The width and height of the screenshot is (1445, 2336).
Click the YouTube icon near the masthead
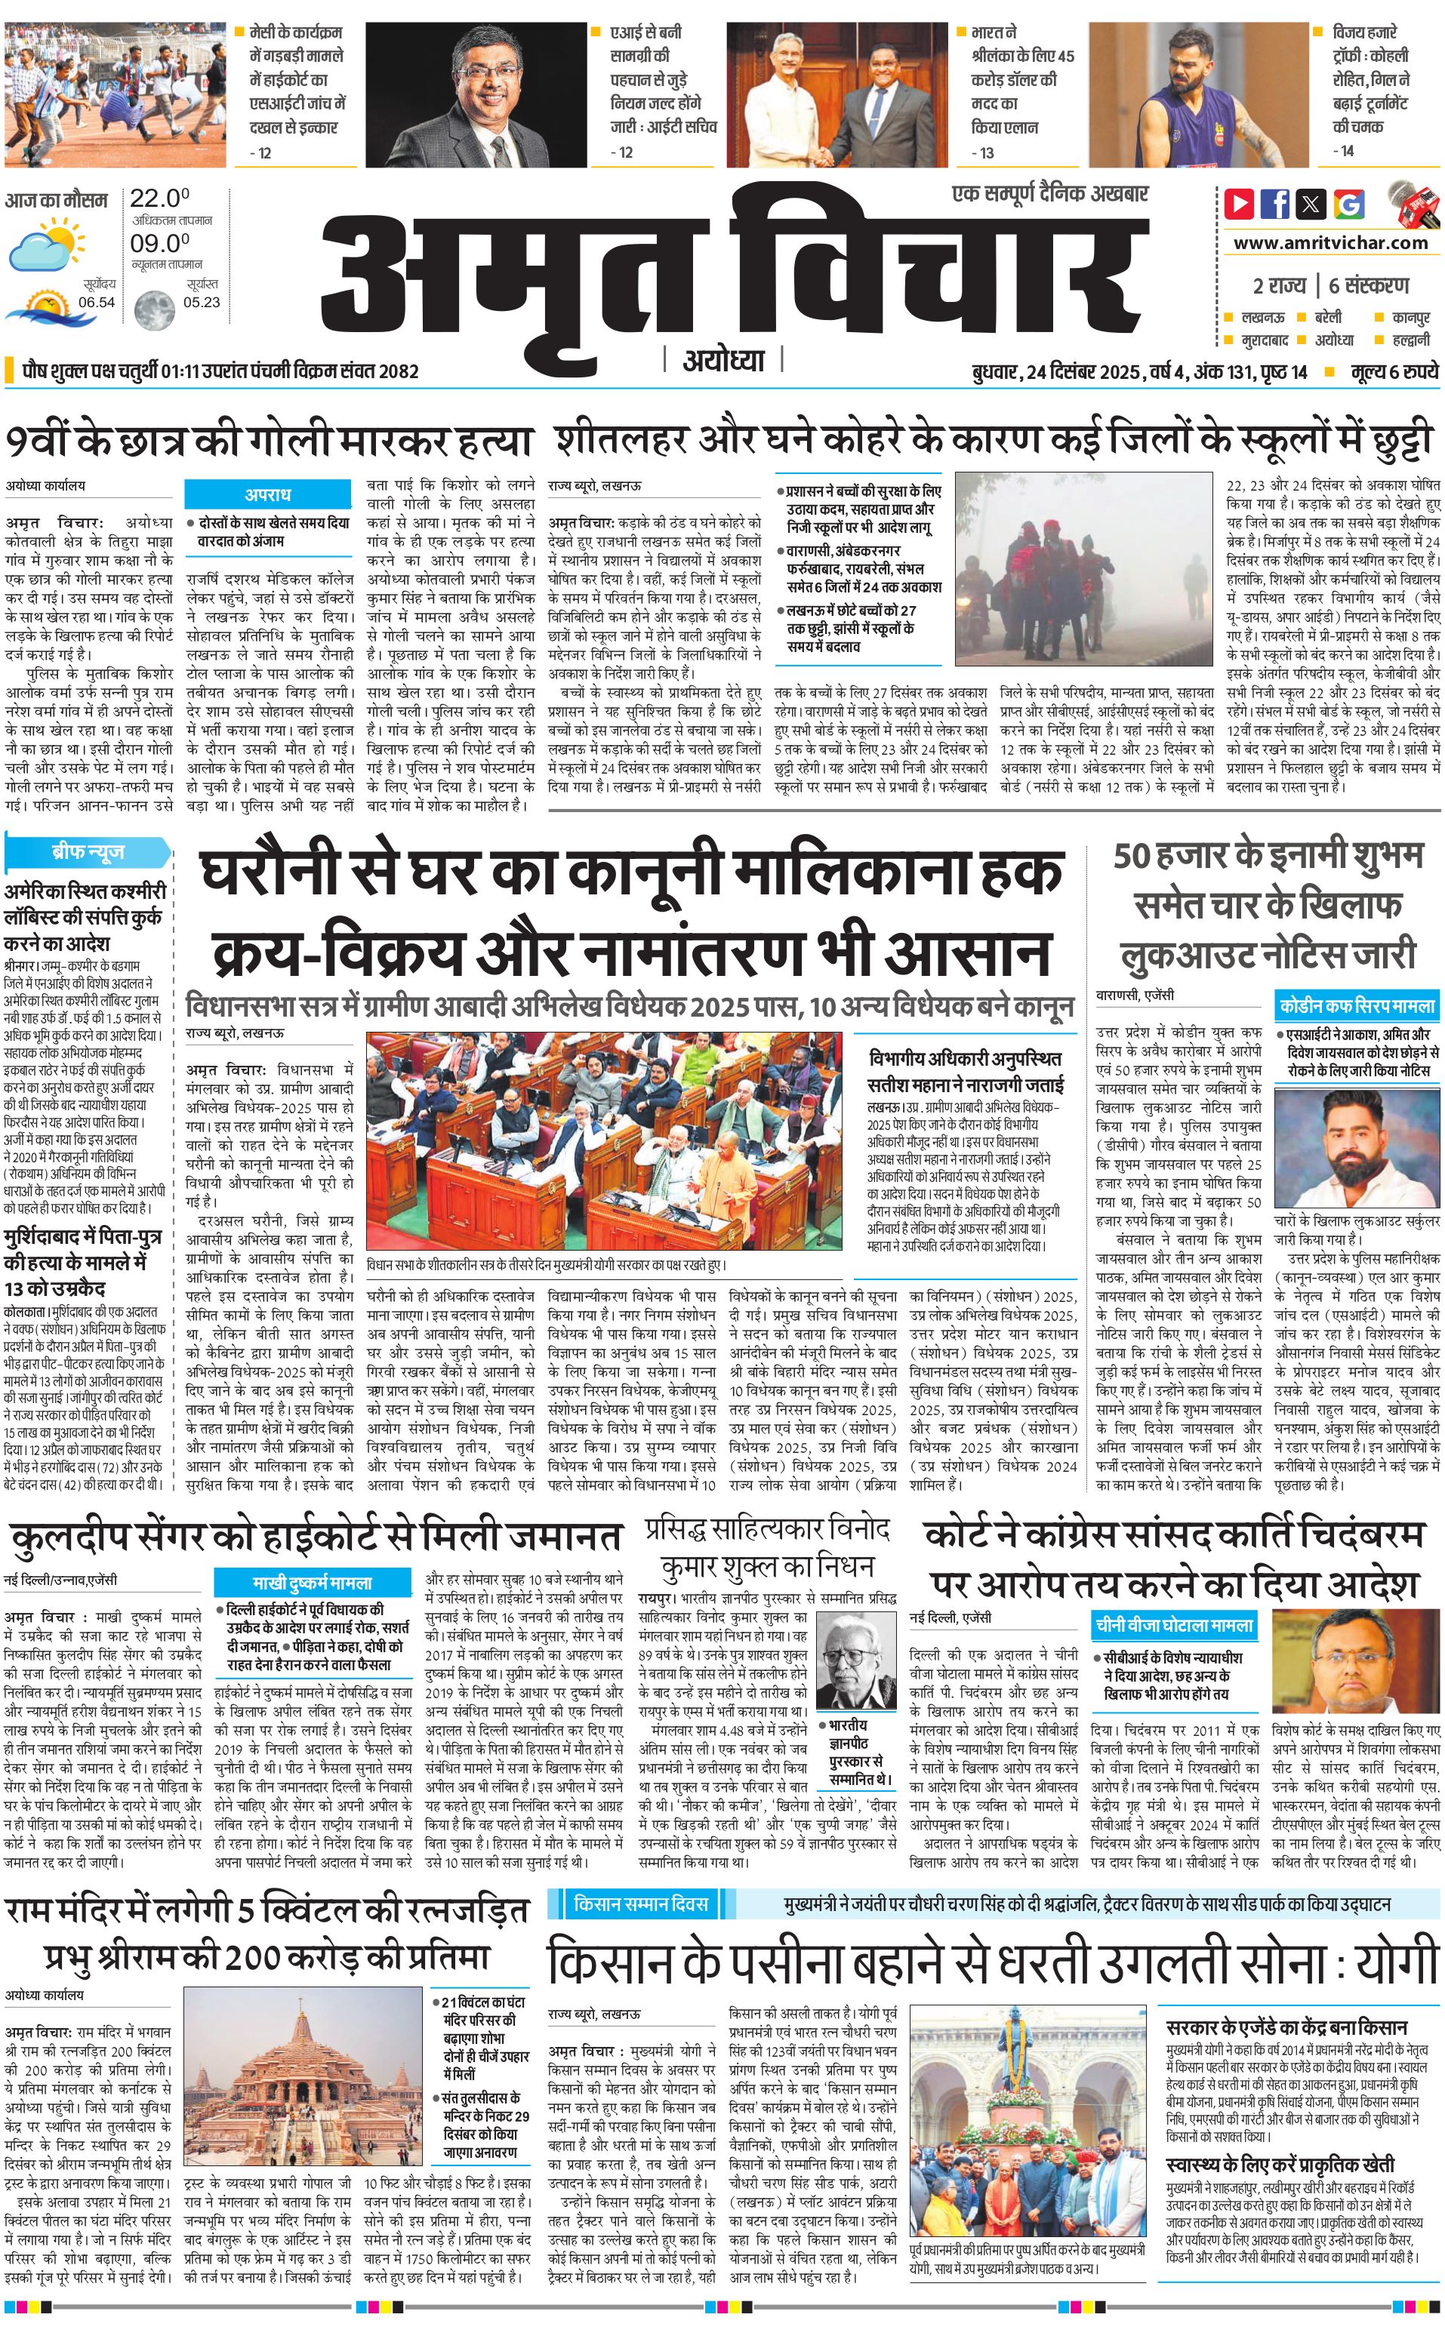1240,204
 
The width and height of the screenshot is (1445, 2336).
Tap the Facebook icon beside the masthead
1275,204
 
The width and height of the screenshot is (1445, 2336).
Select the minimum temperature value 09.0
159,244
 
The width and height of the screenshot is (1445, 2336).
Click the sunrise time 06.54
97,302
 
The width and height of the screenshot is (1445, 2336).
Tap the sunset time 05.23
202,302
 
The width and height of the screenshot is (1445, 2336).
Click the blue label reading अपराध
267,494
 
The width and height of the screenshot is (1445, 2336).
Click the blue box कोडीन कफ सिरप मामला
1357,1005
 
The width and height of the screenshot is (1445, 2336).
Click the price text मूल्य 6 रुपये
1394,371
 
